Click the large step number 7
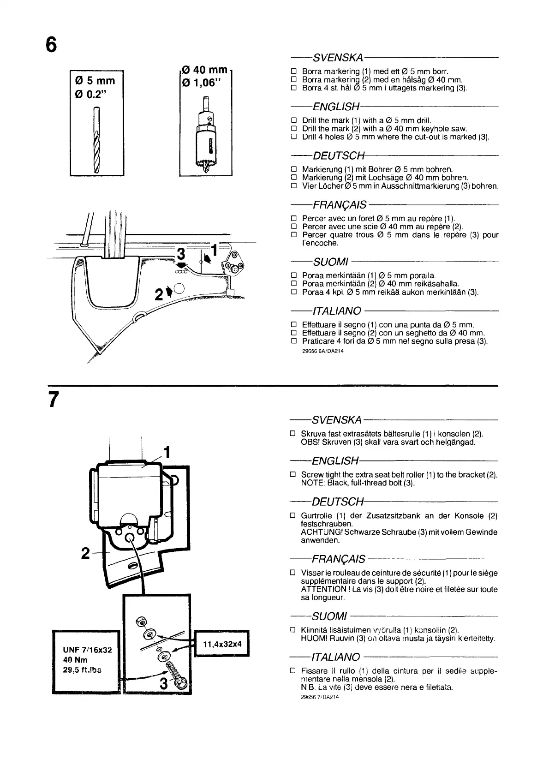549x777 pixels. pos(54,400)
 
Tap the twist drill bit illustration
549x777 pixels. pos(97,139)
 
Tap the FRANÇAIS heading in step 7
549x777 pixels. pos(339,559)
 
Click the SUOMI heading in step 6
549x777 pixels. pos(330,262)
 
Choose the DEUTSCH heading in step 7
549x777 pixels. pos(338,502)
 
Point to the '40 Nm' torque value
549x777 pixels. pos(75,660)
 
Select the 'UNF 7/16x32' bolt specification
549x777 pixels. pos(88,650)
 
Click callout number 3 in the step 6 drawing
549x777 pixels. pos(181,254)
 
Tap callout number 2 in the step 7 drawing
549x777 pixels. pos(85,553)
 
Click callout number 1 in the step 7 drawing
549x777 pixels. pos(167,451)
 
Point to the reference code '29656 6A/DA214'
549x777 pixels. pos(323,351)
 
